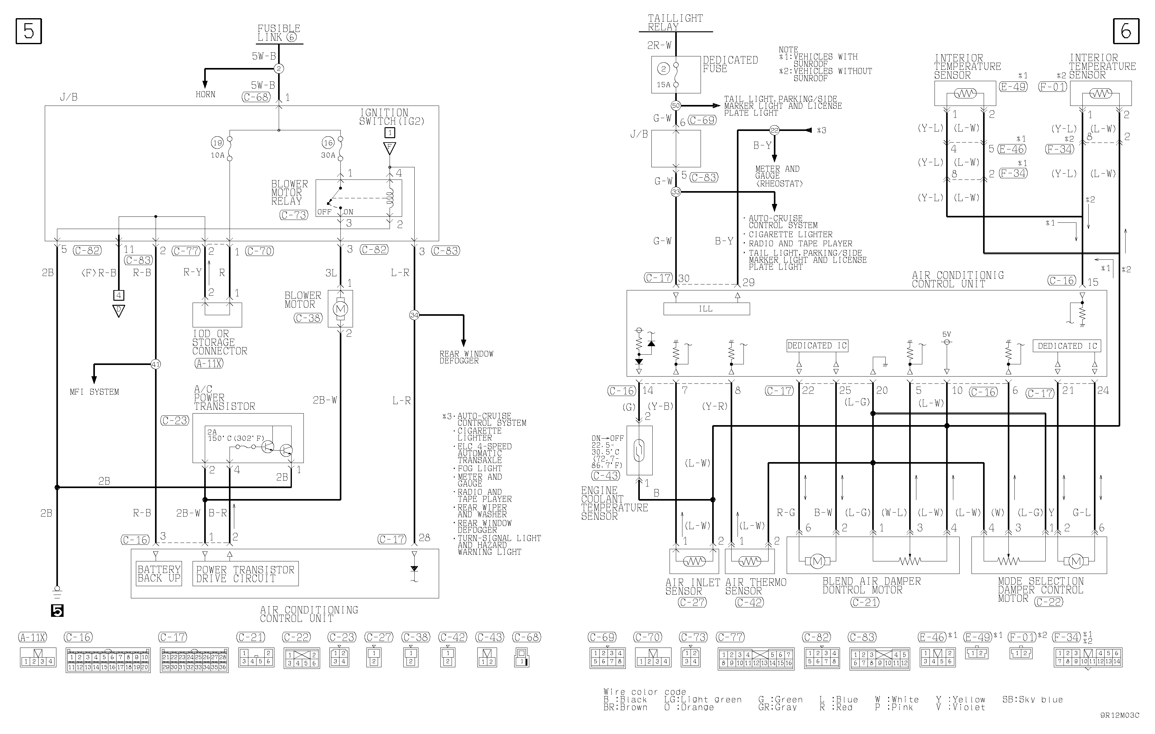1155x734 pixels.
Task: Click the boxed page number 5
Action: pos(29,31)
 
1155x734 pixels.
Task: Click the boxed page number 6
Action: pos(1126,31)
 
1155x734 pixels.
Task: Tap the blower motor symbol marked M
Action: pos(340,309)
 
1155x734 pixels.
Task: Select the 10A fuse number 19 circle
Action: pos(217,143)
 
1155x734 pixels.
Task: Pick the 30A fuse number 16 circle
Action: pos(328,143)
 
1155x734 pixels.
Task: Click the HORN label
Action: pos(205,95)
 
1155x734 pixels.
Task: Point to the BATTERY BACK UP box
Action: pos(159,574)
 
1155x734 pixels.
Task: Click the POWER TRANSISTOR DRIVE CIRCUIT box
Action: pos(245,574)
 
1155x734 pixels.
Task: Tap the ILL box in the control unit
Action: pos(706,309)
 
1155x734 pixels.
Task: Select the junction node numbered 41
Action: pos(155,364)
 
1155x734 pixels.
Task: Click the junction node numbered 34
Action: pos(414,315)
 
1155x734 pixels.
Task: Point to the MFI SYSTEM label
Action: pos(95,392)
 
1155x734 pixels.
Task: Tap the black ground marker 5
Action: pos(57,611)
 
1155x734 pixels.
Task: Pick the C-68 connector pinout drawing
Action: pos(521,657)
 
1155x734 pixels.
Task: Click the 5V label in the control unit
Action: pos(946,334)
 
